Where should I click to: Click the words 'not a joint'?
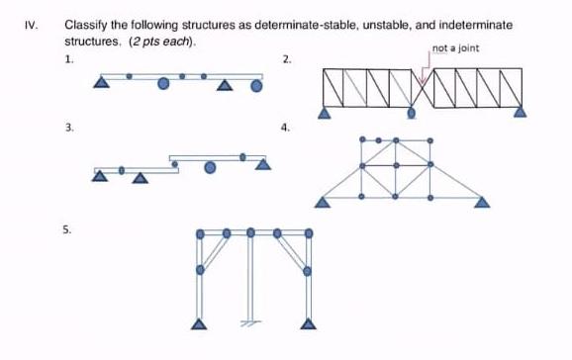coord(455,48)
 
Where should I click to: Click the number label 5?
coord(67,228)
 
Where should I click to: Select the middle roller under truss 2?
coord(413,113)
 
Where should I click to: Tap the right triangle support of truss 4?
coord(482,203)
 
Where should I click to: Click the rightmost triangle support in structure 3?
coord(263,164)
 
